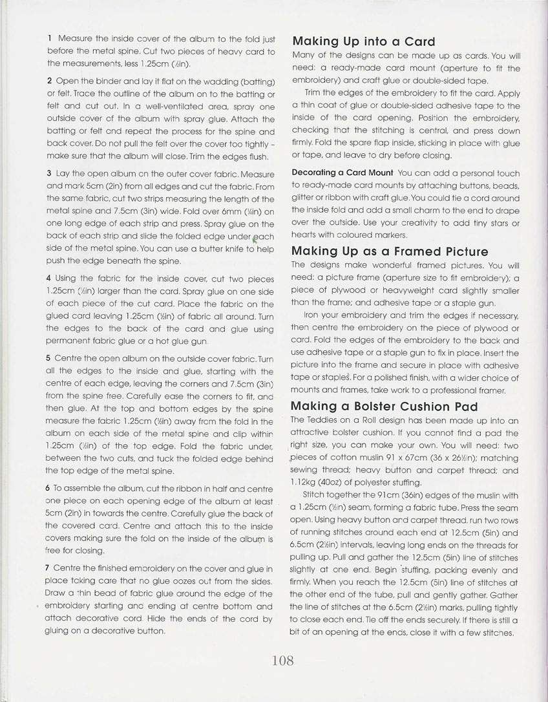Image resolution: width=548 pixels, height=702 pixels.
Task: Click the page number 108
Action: pyautogui.click(x=283, y=660)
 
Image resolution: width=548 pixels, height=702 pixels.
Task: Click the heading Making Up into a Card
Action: pyautogui.click(x=364, y=42)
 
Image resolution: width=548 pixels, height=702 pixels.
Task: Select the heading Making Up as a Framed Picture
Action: pyautogui.click(x=390, y=251)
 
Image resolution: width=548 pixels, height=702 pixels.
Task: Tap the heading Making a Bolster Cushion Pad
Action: pyautogui.click(x=385, y=406)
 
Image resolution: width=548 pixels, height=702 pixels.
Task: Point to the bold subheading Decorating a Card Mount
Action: pyautogui.click(x=342, y=173)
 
